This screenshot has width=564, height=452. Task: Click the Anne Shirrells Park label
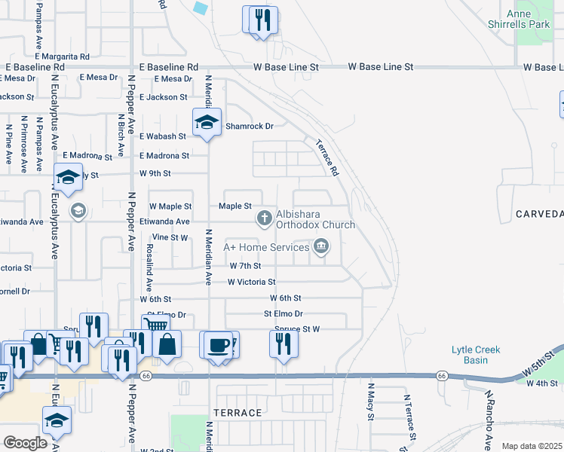pos(529,18)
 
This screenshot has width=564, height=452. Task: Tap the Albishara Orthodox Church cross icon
pos(264,218)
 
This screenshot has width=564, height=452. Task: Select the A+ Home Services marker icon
pos(321,246)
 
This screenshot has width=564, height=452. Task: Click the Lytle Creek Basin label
pos(476,355)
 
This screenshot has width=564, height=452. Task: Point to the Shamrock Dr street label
pos(249,126)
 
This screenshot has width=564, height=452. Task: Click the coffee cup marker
pos(218,344)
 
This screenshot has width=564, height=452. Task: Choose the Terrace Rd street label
pos(325,157)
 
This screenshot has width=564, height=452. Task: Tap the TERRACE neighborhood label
pos(238,413)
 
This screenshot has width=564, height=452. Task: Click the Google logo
pos(25,443)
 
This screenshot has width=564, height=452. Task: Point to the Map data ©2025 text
pos(532,446)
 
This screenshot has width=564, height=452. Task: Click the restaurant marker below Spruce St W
pos(284,344)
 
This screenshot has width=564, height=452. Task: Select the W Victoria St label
pos(252,282)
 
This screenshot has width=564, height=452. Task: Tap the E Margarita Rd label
pos(62,56)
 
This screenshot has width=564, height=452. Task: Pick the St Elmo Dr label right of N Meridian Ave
pos(283,313)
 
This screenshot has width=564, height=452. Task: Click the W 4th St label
pos(541,383)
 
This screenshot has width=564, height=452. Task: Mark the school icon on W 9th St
pos(68,178)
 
